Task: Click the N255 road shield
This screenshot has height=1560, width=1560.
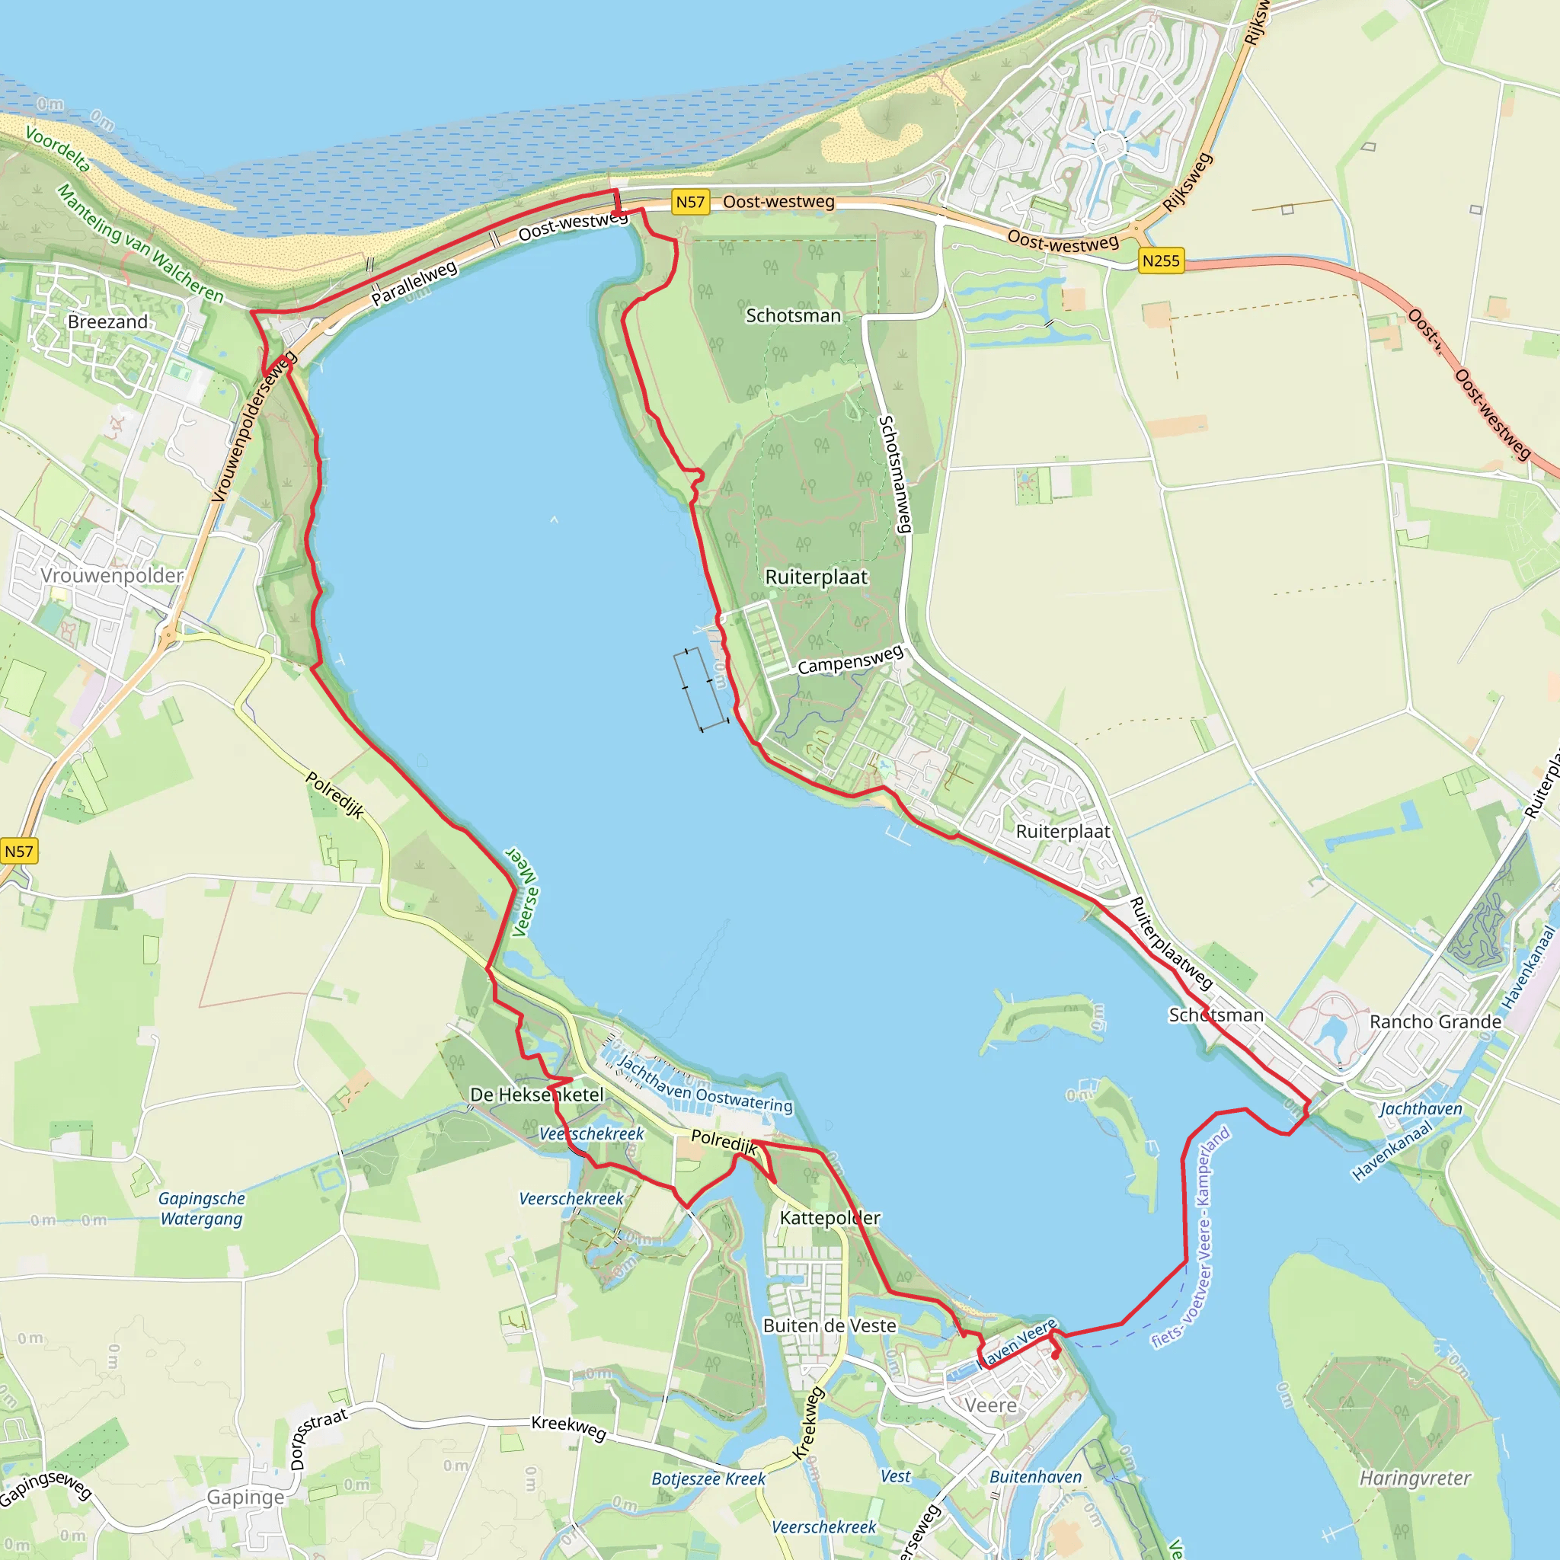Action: (x=1160, y=261)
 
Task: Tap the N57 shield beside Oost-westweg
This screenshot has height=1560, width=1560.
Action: (x=689, y=202)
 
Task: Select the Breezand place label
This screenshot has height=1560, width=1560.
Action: (x=108, y=321)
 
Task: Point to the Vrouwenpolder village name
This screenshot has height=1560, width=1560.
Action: (x=112, y=576)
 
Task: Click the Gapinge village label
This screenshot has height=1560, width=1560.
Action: (x=245, y=1497)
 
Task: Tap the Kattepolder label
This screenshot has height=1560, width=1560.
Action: (x=830, y=1218)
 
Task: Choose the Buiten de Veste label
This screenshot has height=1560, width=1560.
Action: (x=830, y=1326)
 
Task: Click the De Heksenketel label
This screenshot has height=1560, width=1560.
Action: (x=537, y=1095)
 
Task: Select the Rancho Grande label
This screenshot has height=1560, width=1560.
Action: (x=1435, y=1021)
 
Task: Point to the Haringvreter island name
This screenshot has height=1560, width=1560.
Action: (x=1415, y=1478)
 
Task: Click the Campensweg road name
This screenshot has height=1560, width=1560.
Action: (x=850, y=660)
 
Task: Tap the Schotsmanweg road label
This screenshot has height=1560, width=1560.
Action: (x=896, y=474)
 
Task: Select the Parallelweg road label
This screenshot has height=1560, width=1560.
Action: (x=414, y=283)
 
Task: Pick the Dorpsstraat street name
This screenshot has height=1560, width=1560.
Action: (x=318, y=1438)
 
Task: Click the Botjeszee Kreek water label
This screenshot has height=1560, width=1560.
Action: (x=708, y=1478)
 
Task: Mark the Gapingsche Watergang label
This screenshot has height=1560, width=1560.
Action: (x=201, y=1209)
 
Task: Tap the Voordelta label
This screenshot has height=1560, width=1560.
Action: (x=57, y=148)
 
